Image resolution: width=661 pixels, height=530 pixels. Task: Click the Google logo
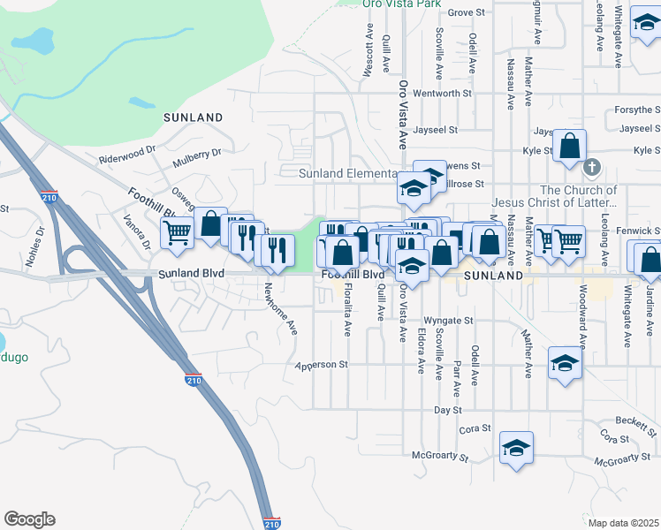[x=29, y=519]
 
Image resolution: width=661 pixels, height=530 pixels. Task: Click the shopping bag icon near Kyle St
[x=570, y=144]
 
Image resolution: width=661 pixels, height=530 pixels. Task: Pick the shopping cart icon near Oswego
[x=177, y=234]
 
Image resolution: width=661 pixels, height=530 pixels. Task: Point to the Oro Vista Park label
[x=402, y=4]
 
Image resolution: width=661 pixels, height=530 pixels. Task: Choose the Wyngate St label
[x=449, y=321]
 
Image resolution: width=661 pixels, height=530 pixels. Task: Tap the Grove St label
[x=467, y=12]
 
